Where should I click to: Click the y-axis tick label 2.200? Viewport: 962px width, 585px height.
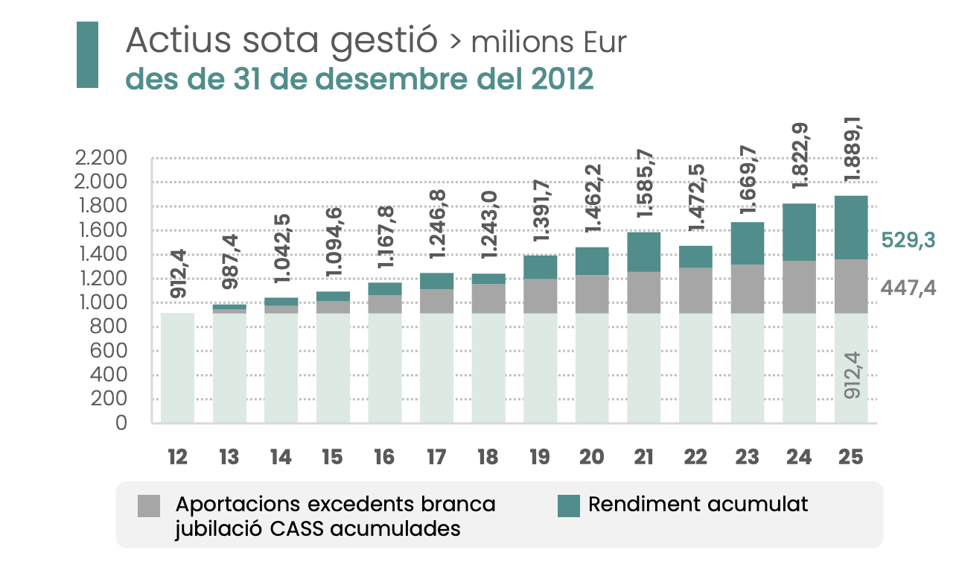pos(107,158)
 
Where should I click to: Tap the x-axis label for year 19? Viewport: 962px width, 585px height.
pos(540,458)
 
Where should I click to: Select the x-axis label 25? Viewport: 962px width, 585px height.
pos(850,458)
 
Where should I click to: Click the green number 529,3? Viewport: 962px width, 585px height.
pos(908,241)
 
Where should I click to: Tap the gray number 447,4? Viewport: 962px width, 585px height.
pos(908,288)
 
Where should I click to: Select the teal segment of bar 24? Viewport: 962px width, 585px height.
pos(799,232)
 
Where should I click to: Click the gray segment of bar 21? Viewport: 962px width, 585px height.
pos(643,292)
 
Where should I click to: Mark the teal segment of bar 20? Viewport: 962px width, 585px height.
pos(592,261)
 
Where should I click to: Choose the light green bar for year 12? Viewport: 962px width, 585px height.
pos(178,367)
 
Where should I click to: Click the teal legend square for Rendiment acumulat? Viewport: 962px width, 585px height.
pos(569,506)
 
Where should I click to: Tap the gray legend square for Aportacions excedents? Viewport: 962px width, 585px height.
pos(149,506)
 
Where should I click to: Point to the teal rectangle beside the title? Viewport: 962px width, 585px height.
pos(88,54)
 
